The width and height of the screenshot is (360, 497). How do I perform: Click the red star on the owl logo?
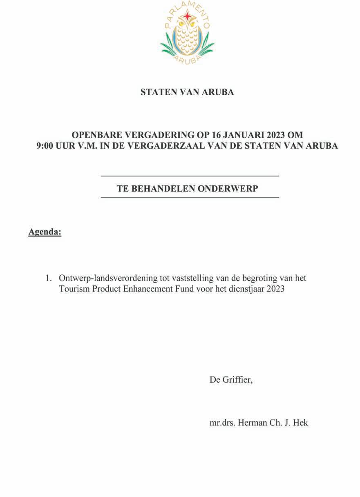(x=187, y=16)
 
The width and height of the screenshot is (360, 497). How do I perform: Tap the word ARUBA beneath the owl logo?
(x=188, y=59)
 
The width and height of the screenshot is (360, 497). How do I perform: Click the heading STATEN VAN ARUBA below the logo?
(x=187, y=92)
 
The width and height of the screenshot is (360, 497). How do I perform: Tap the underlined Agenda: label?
(x=45, y=232)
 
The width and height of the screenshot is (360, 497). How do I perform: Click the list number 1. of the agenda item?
(x=49, y=278)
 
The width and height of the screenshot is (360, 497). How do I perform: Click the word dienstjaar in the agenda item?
(x=248, y=289)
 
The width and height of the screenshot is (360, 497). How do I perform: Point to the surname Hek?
(x=301, y=423)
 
